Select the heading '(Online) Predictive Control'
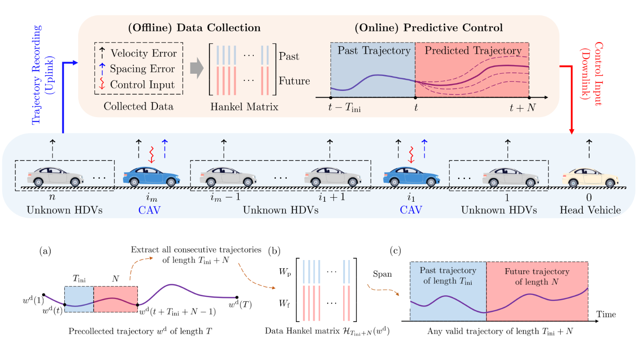coord(429,28)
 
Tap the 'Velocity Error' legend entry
coord(143,54)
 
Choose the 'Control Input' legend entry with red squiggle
coord(142,85)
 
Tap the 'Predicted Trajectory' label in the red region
coord(473,50)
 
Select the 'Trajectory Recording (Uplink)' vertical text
coord(43,75)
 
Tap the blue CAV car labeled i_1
coord(410,176)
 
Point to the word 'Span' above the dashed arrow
coord(382,275)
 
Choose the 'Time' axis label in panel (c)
coord(605,313)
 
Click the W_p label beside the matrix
coord(285,274)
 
